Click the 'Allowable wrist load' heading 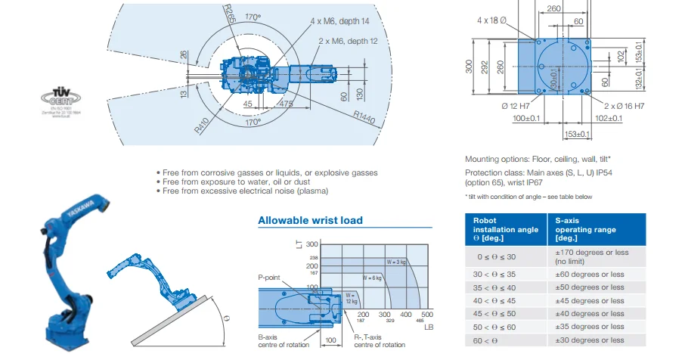(x=310, y=221)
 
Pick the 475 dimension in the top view (x=285, y=104)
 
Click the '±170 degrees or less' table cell (x=591, y=256)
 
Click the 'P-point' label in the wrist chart (x=270, y=278)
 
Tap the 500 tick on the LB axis (x=427, y=314)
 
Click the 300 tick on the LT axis (x=311, y=244)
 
